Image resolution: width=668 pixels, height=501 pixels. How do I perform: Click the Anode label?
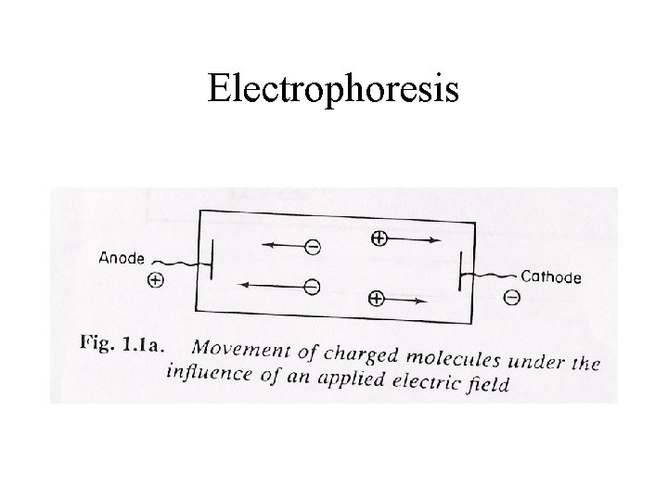coord(122,258)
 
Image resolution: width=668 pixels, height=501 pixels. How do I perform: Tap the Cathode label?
coord(551,276)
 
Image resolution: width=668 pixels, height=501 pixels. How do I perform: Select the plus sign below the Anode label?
coord(155,279)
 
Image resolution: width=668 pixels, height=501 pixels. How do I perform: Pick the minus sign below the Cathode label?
coord(512,297)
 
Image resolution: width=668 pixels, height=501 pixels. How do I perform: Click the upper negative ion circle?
coord(314,248)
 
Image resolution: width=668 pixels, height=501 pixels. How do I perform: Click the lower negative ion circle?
coord(313,287)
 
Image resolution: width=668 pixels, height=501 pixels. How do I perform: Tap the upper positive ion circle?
coord(379,239)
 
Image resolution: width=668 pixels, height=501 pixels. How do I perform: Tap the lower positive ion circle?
coord(376,298)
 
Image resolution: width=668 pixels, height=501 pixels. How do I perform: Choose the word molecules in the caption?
coord(443,356)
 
